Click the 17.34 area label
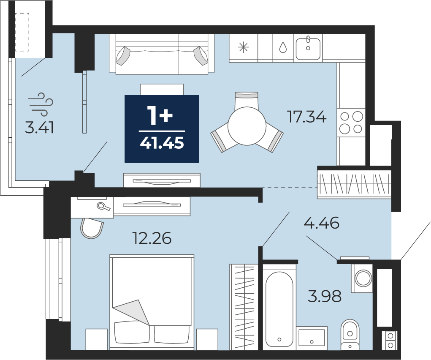pos(306,117)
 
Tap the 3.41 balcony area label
pos(39,128)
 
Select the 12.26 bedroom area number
pos(152,238)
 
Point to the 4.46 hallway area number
pos(321,223)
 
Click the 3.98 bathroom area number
pos(325,296)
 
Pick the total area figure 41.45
pos(162,143)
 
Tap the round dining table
pos(247,126)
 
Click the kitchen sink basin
pos(308,49)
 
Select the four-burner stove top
pos(351,122)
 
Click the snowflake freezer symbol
pos(243,48)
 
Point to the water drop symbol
pos(283,48)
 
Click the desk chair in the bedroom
pos(92,228)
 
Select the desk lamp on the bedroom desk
pos(103,206)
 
